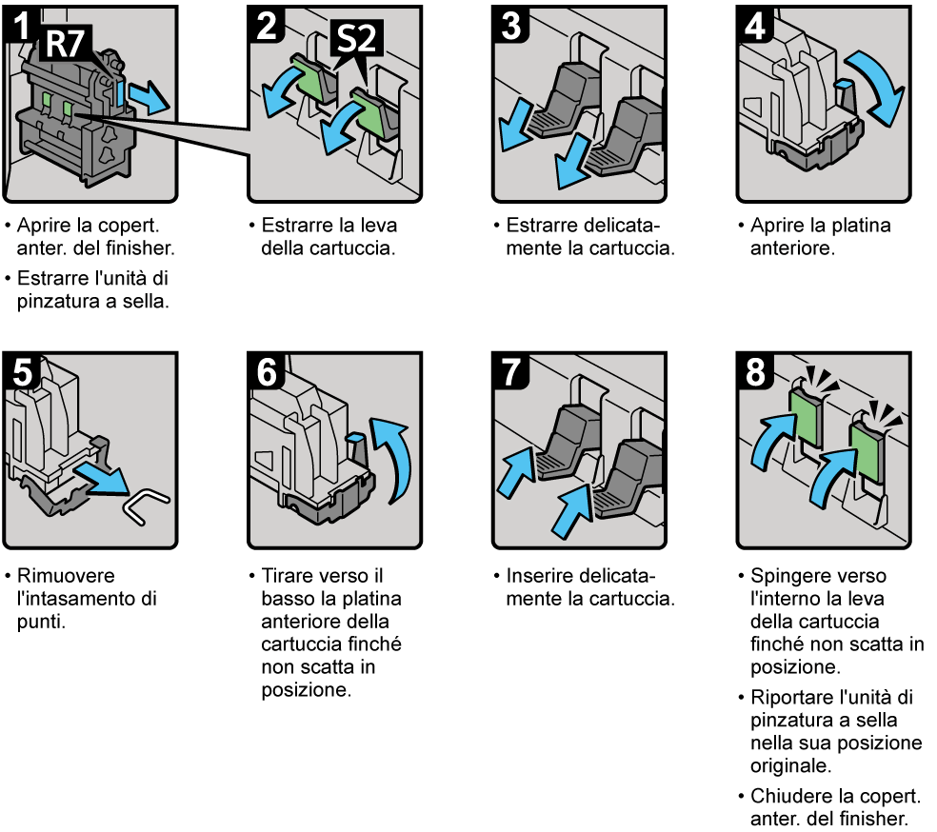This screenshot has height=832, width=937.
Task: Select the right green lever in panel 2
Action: [367, 112]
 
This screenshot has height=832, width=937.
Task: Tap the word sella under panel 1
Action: [150, 303]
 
